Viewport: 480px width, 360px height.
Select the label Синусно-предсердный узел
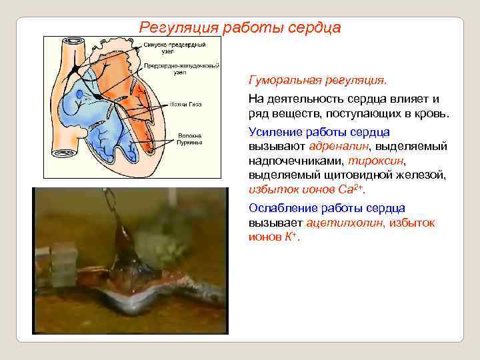pos(175,47)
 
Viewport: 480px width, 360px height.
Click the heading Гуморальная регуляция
pos(317,81)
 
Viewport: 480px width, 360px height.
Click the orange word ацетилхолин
pos(344,223)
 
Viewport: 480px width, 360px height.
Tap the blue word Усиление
pos(274,131)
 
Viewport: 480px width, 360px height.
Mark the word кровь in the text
pos(429,113)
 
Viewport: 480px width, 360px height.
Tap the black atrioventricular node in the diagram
pos(98,97)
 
